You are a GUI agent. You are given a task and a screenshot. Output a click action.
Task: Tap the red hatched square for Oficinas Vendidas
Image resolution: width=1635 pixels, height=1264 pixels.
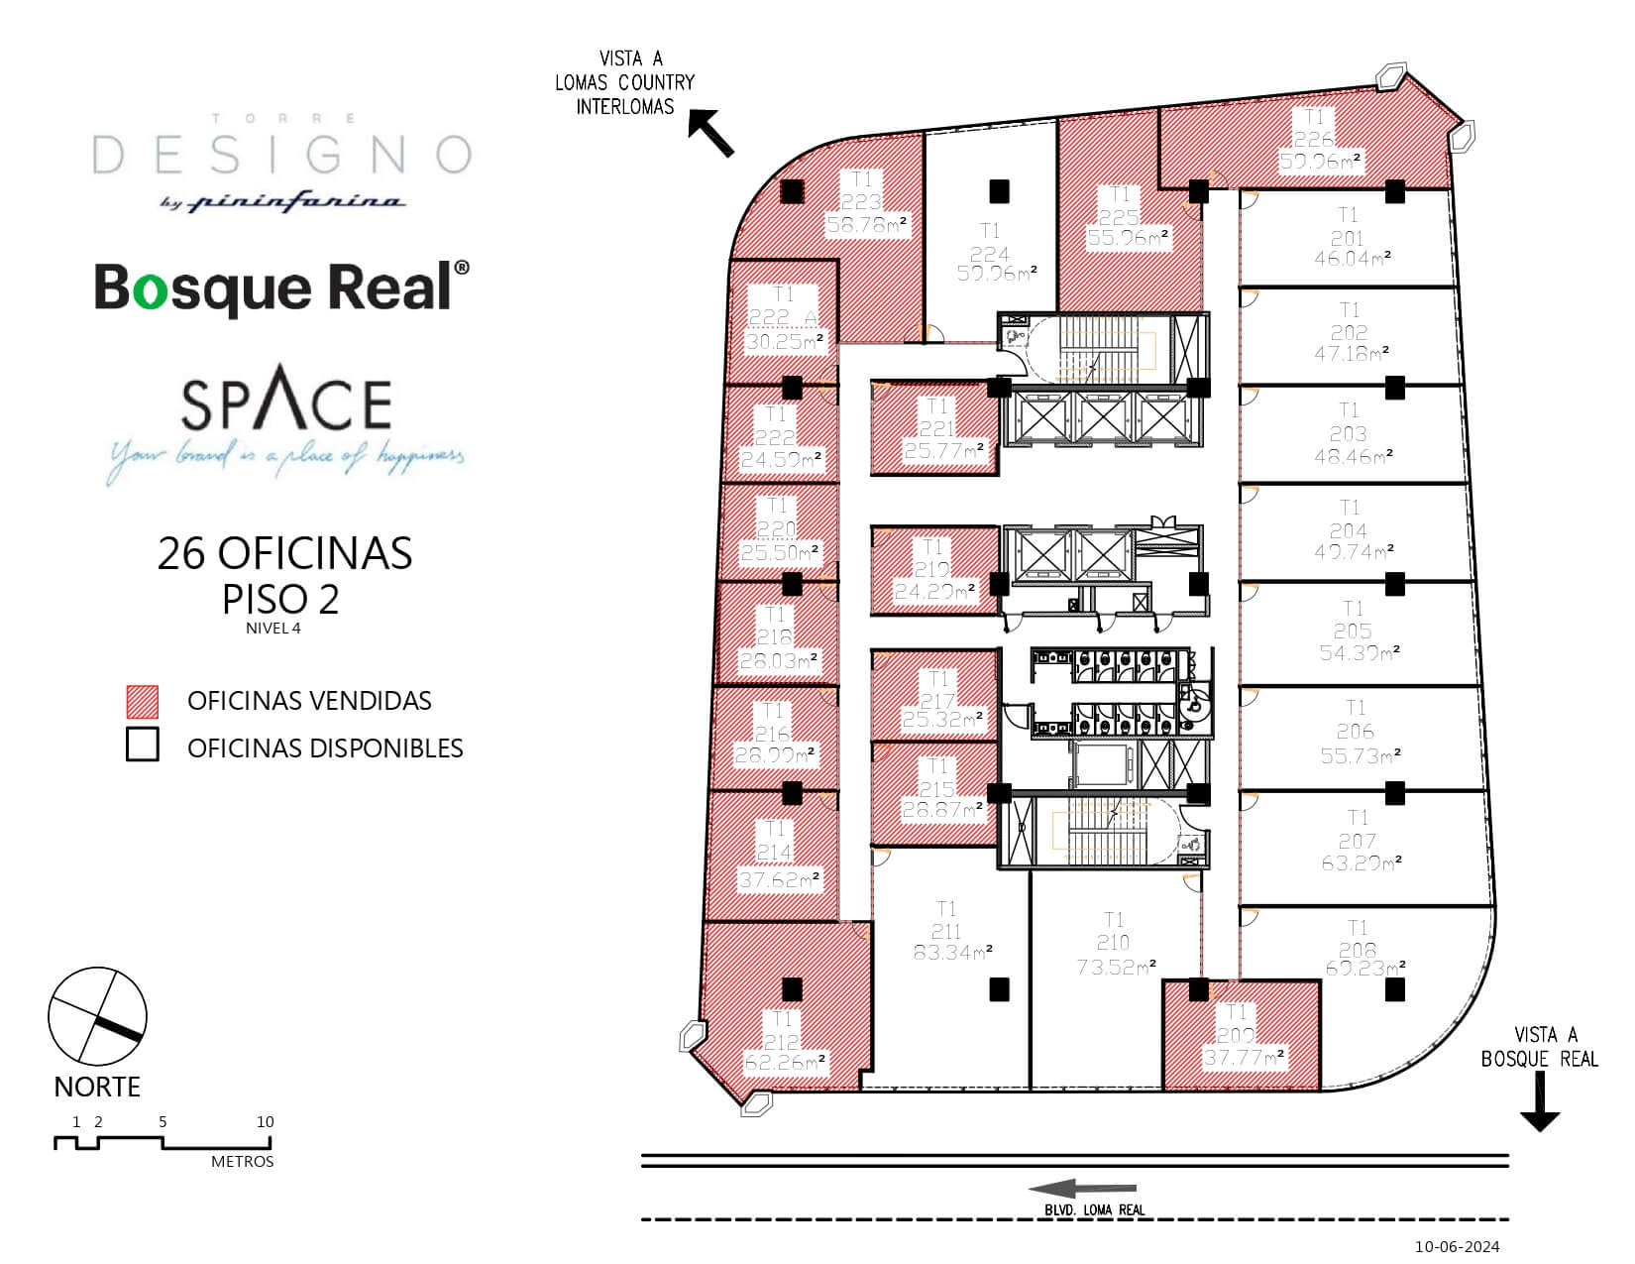(143, 701)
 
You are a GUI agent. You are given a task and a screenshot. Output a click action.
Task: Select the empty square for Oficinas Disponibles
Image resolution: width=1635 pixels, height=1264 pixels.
(143, 746)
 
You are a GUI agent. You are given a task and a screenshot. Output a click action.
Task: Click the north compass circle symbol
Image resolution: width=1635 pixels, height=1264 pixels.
(97, 1017)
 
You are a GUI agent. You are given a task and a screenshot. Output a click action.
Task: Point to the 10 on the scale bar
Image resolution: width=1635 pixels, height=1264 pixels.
(265, 1122)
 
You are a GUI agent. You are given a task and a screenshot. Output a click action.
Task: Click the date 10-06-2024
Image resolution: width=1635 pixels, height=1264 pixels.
(1457, 1246)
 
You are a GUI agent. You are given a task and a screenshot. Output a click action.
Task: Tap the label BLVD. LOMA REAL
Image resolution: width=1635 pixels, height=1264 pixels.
(1094, 1209)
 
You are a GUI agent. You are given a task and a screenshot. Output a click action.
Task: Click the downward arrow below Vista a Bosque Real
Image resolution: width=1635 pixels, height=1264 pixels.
(1539, 1104)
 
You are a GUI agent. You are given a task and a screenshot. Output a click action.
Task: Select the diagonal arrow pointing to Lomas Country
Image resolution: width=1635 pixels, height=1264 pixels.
(711, 134)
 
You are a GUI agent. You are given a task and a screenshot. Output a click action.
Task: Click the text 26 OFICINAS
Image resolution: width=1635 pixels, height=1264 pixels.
(284, 553)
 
